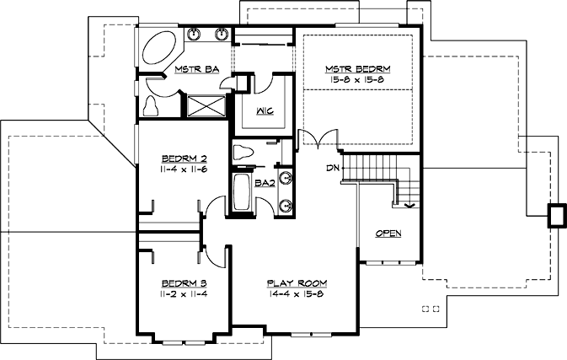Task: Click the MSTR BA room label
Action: coord(199,69)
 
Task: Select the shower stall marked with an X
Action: coord(205,106)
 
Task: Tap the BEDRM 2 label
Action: coord(184,158)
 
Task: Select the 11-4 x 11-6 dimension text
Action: coord(184,169)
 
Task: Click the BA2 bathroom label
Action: coord(265,182)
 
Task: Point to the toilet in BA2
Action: coord(243,153)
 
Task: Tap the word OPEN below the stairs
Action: coord(388,233)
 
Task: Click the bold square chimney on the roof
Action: coord(557,215)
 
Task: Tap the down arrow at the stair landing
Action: coord(409,204)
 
